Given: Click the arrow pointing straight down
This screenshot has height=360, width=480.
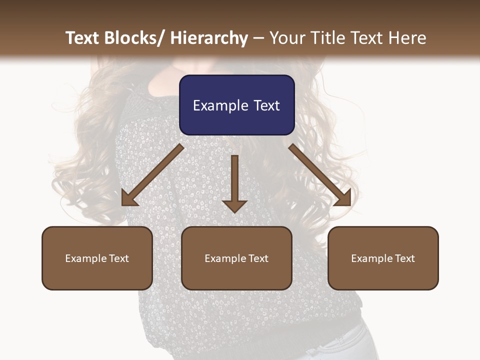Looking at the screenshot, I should (234, 183).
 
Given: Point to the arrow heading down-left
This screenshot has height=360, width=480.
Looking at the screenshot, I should (152, 175).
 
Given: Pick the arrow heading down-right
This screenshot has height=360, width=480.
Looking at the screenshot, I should (320, 175).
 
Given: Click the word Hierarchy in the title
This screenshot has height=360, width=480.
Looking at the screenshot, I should (209, 38).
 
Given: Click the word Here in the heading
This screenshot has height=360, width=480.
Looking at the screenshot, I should (407, 38).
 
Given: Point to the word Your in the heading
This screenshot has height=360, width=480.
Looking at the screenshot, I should (287, 38).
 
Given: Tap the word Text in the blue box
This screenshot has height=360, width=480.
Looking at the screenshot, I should (266, 105).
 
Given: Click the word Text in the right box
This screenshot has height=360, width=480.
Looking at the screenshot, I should (404, 258).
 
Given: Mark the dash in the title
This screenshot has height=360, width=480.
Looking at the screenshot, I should (258, 38).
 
